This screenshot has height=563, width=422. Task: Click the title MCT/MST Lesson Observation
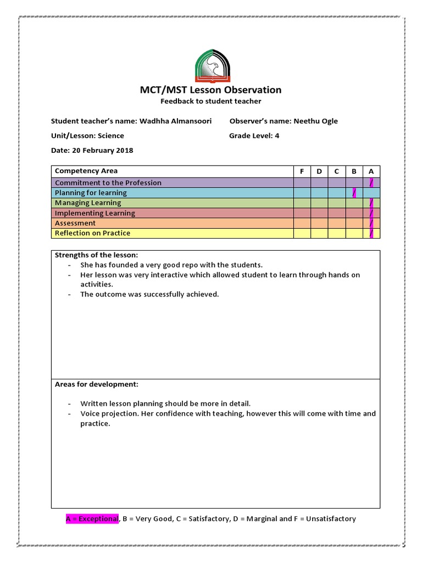point(210,90)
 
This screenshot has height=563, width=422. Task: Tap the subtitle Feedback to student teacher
point(210,101)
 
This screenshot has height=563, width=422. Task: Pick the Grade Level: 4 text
point(254,136)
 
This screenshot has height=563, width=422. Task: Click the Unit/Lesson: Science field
point(87,136)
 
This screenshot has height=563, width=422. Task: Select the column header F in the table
point(302,171)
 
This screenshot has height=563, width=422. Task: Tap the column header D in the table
point(319,171)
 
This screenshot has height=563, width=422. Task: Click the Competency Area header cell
point(86,171)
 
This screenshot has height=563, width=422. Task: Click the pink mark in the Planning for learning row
point(354,192)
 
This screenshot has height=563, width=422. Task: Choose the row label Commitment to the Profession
point(108,183)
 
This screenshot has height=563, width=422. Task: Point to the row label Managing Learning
point(88,203)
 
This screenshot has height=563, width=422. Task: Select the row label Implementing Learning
point(95,213)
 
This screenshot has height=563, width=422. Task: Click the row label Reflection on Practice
point(93,233)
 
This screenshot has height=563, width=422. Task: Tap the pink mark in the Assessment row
point(372,223)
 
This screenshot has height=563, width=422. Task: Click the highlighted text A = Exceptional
point(92,518)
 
